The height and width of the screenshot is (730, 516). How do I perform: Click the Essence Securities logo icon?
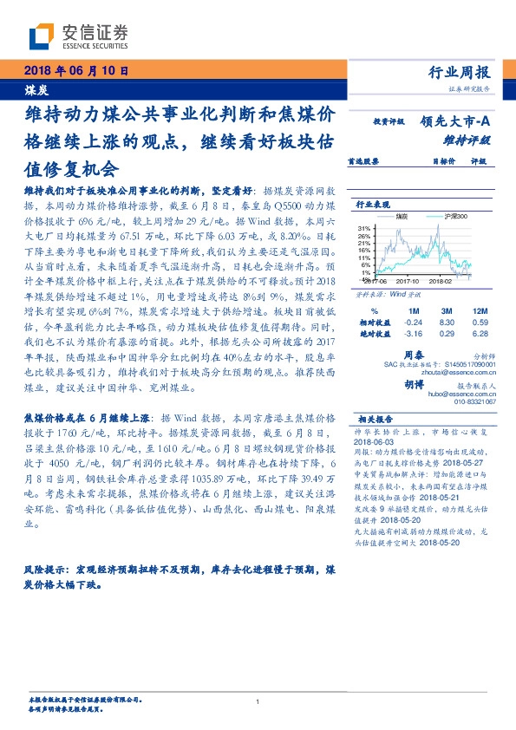tap(42, 36)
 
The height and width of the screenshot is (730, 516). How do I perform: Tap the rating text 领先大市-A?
tap(460, 122)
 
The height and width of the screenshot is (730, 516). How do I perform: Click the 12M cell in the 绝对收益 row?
tap(479, 332)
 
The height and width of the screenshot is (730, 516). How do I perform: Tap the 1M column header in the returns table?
tap(414, 310)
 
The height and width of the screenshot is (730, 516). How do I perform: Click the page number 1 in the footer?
tap(258, 702)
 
